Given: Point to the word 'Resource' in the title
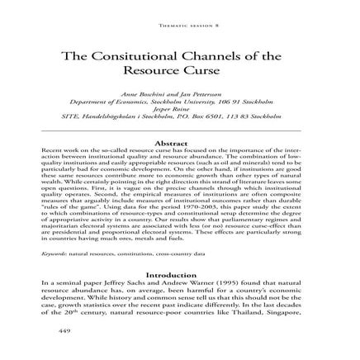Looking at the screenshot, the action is click(x=165, y=70).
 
